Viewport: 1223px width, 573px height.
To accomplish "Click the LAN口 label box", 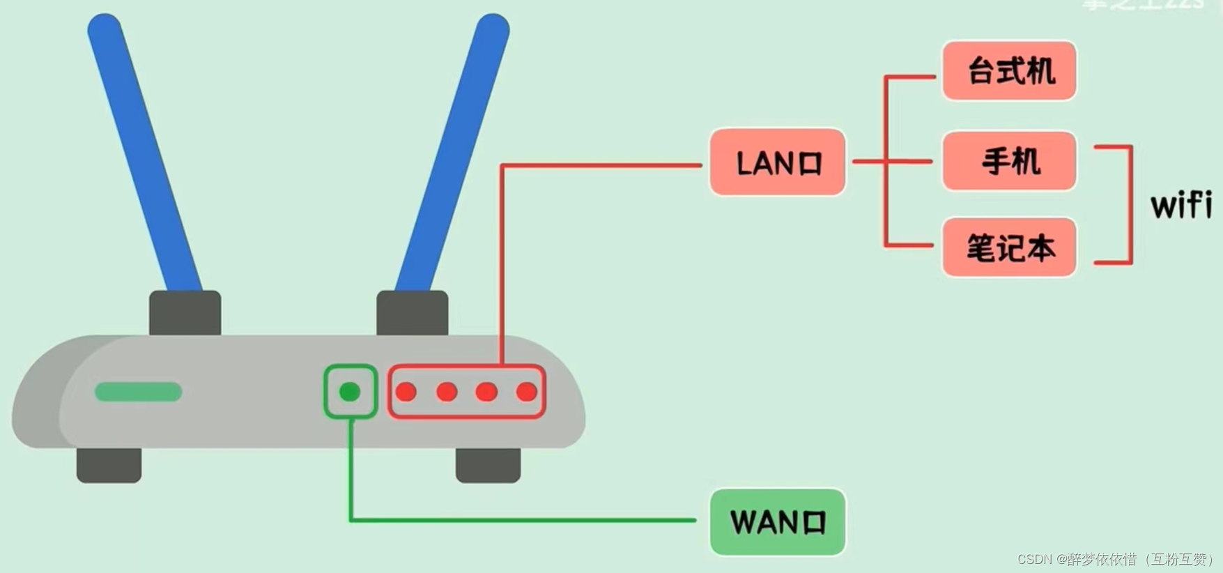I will [x=777, y=162].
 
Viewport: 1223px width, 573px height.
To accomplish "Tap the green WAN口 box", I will [x=777, y=522].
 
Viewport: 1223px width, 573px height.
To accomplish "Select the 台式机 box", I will [x=1009, y=70].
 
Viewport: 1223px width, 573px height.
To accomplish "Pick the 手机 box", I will [x=1009, y=161].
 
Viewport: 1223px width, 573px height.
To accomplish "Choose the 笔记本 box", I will [x=1009, y=247].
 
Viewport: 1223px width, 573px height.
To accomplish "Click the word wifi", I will [x=1180, y=205].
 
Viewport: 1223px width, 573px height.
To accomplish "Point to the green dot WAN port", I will [x=350, y=392].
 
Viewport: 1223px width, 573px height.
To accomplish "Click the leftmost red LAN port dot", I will [x=406, y=392].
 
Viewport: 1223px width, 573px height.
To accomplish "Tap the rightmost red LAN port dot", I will [x=527, y=392].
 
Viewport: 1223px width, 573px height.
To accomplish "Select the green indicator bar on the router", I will [x=138, y=392].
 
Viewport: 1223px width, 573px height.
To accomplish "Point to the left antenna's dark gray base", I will [x=185, y=313].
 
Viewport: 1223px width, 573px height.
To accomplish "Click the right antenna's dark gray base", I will [x=412, y=313].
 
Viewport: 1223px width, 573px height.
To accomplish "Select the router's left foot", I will [x=109, y=465].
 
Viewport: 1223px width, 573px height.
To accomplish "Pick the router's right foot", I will [x=488, y=465].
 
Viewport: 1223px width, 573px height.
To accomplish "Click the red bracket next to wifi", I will [x=1130, y=205].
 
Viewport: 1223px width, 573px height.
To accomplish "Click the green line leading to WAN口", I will [x=523, y=520].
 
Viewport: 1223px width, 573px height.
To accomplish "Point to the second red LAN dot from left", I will [x=447, y=392].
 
